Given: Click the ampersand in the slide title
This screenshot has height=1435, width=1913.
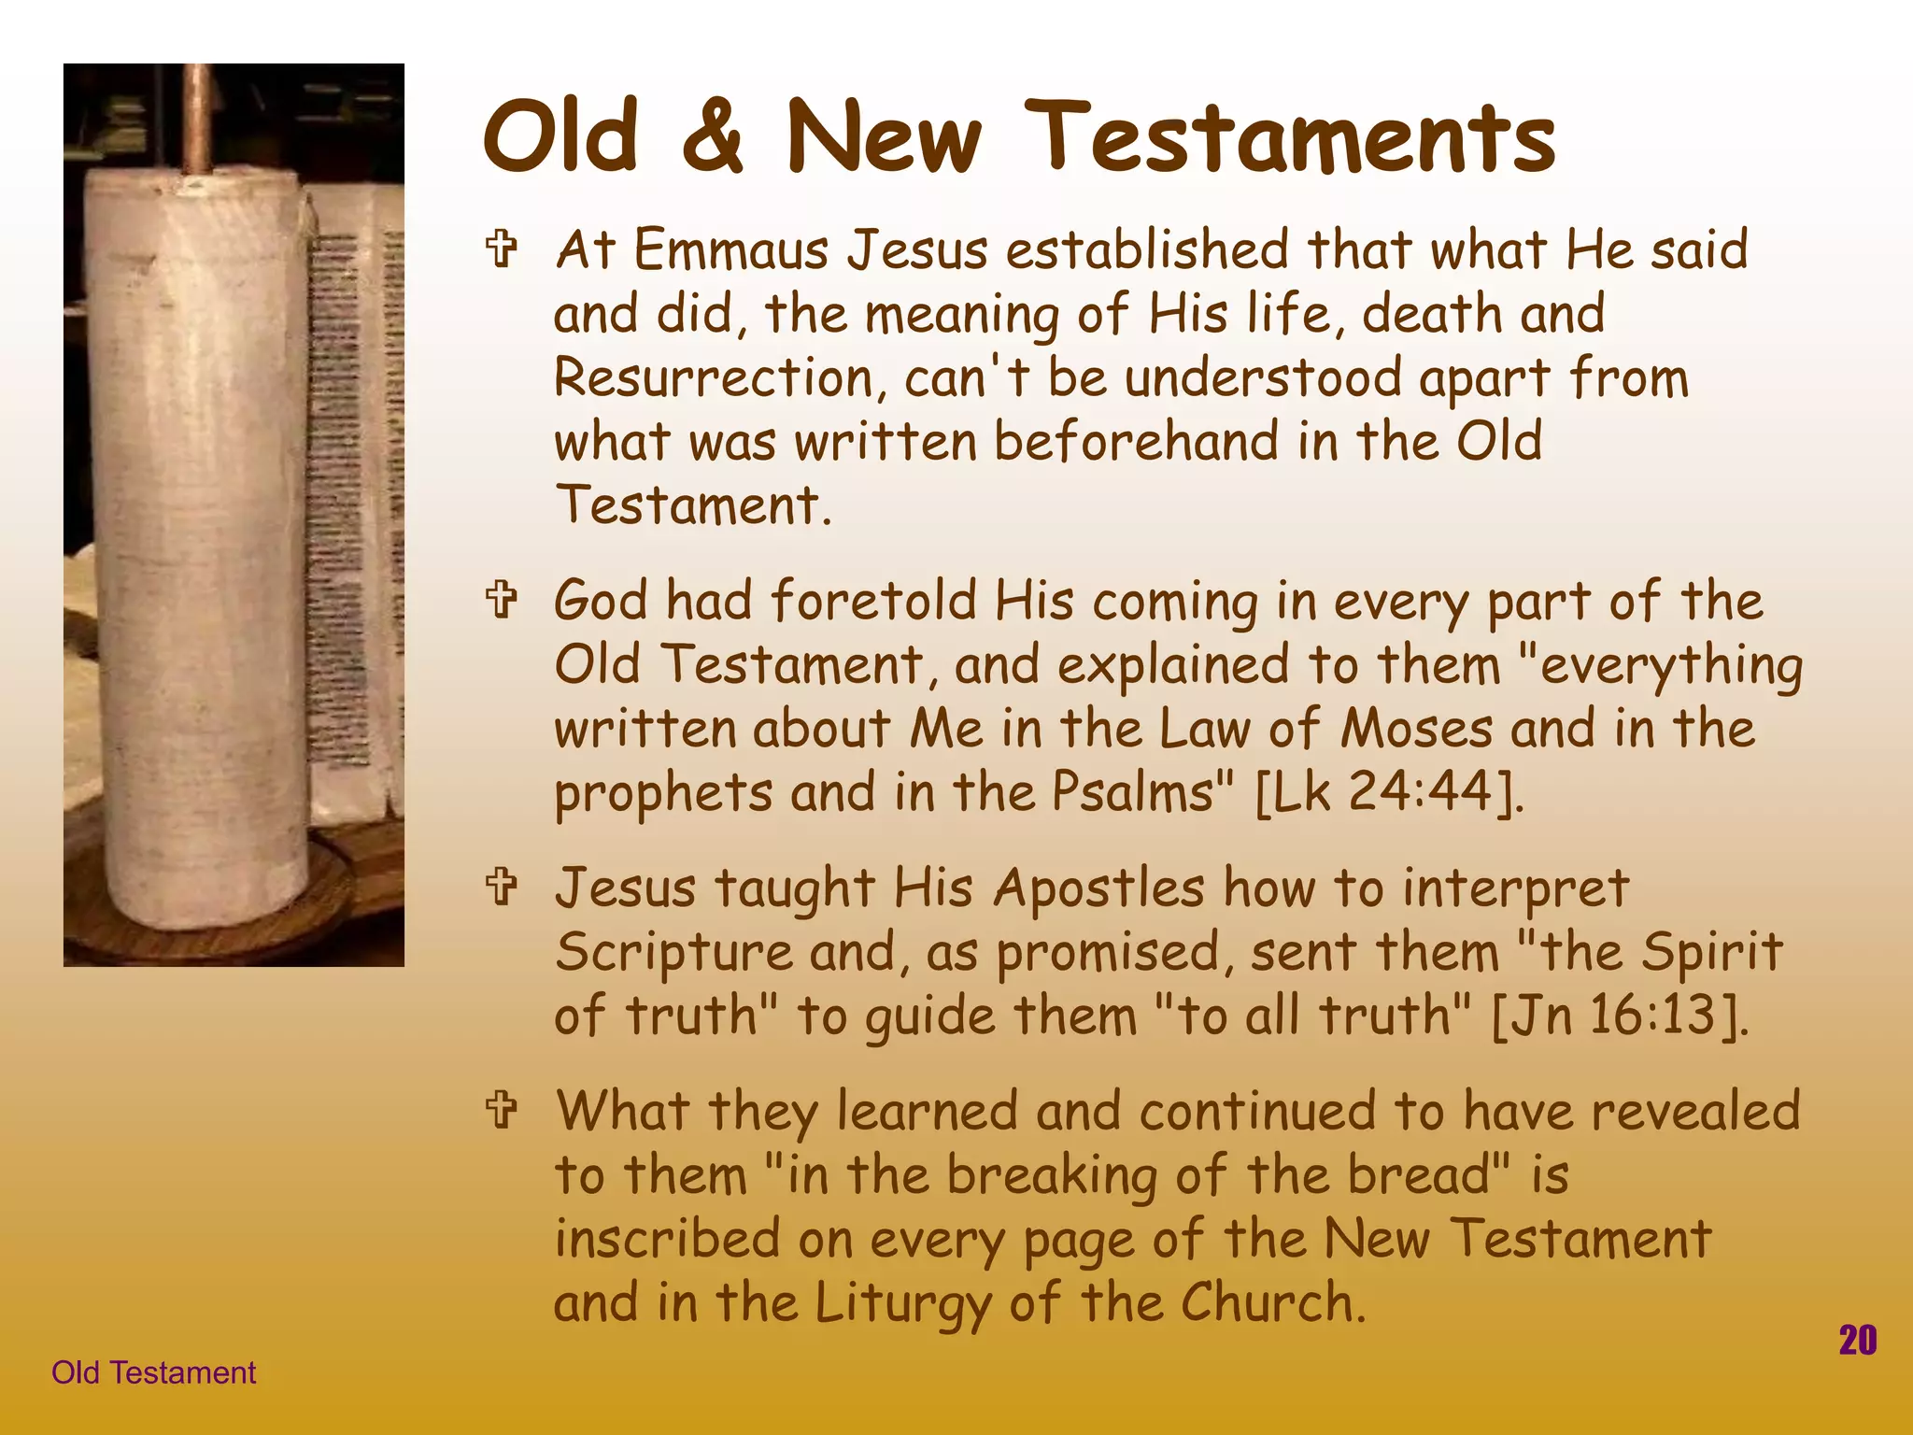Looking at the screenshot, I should [x=713, y=138].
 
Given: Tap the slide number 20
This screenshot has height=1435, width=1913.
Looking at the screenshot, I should [x=1857, y=1341].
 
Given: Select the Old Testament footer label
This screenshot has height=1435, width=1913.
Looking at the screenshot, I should [x=153, y=1372].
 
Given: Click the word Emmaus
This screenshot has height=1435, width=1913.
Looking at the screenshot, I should [x=730, y=250].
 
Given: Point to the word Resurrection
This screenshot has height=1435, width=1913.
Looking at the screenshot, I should [x=714, y=378].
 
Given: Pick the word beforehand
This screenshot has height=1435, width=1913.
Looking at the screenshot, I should [x=1135, y=441].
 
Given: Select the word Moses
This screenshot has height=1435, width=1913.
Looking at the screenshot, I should [x=1416, y=729].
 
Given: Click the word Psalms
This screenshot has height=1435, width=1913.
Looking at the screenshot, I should [x=1133, y=792].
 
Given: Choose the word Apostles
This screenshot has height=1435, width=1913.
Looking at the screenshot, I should [x=1098, y=888].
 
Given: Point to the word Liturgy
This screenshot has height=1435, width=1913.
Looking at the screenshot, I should [x=901, y=1303].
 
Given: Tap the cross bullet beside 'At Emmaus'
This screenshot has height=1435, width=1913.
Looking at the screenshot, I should [x=502, y=250].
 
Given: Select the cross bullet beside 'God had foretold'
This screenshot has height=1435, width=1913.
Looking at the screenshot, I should [x=502, y=601].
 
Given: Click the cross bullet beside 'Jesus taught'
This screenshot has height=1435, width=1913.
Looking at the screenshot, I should [x=502, y=888].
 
